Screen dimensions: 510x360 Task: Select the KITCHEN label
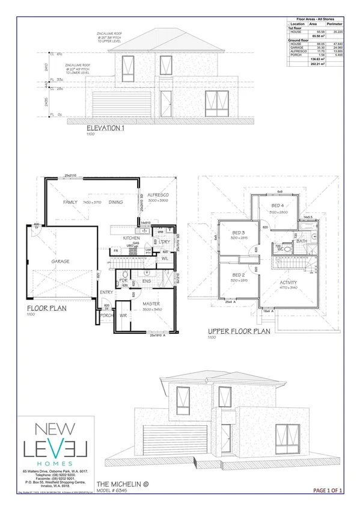point(132,238)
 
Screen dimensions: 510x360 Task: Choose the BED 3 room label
point(239,232)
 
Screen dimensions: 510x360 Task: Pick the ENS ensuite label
point(146,280)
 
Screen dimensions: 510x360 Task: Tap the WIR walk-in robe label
point(124,315)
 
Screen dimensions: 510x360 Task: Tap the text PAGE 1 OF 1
point(328,491)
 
